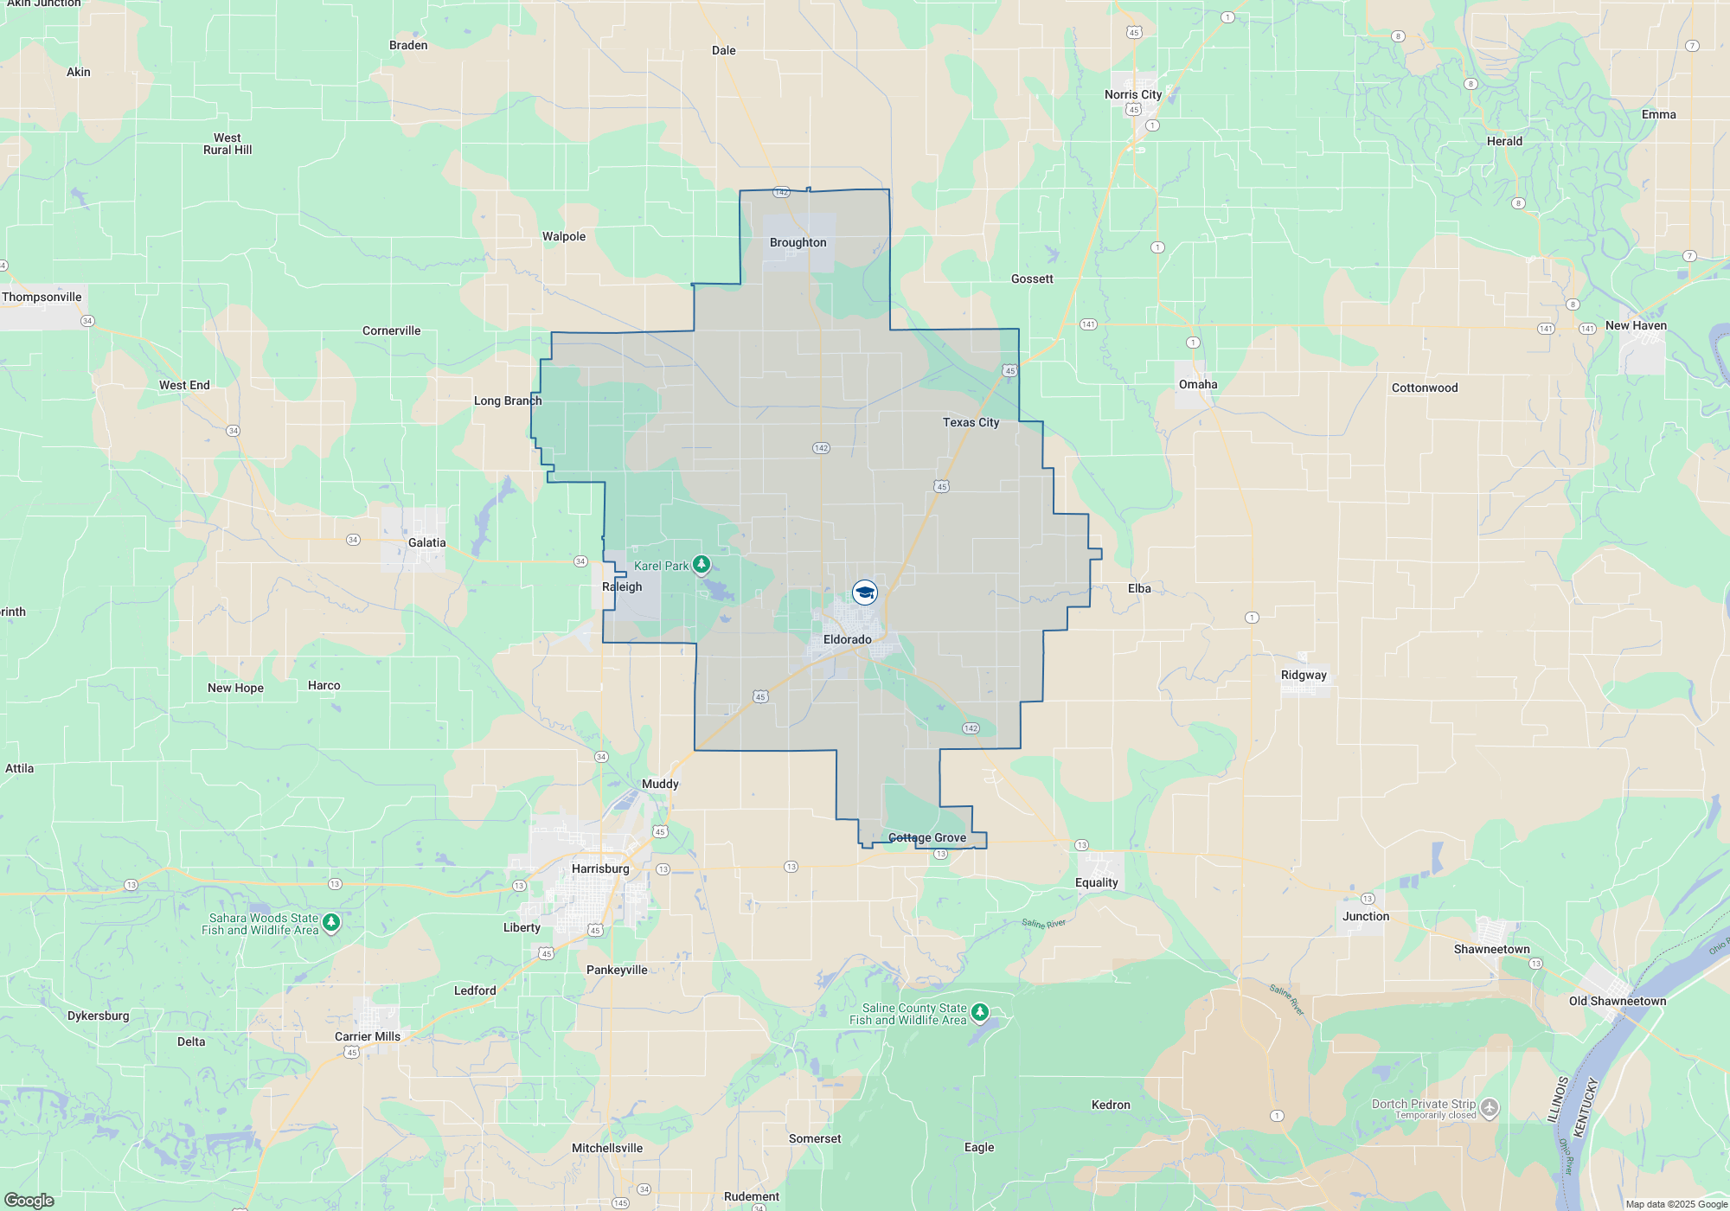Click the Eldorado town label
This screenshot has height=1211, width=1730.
pos(847,640)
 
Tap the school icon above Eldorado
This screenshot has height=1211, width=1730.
pos(865,593)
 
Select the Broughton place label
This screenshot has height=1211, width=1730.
pos(798,243)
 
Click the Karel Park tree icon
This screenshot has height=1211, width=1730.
pos(702,565)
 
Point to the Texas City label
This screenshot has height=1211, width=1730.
pos(971,423)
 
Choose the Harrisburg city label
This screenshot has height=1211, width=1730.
pos(600,869)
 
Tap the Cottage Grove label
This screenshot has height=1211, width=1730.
pos(927,838)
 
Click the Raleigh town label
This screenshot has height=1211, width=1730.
pos(622,587)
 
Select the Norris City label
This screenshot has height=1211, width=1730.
pos(1132,95)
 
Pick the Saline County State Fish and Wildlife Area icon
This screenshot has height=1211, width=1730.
pos(979,1012)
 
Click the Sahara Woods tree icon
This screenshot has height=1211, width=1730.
pos(331,922)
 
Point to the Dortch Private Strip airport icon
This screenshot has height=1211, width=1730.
pos(1489,1107)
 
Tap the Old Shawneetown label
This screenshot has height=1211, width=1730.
pos(1617,1002)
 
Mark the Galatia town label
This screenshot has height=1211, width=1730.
pos(426,543)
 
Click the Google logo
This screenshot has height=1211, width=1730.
pos(29,1200)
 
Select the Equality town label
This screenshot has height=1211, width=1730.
pos(1096,883)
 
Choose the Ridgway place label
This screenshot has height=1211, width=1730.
pos(1303,676)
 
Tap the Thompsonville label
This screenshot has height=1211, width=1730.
pos(42,298)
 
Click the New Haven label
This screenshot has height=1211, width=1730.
pos(1635,326)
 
